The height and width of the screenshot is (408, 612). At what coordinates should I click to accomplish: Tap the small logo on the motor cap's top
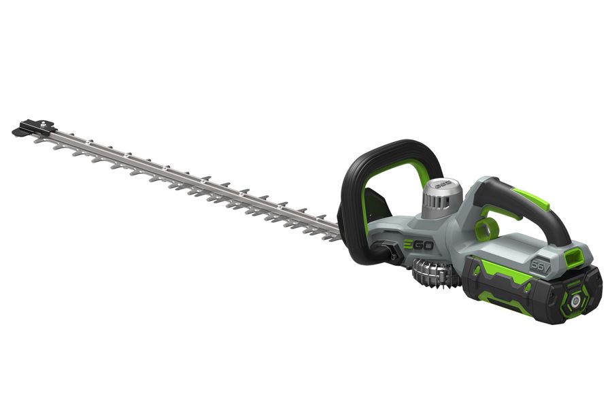(x=443, y=182)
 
